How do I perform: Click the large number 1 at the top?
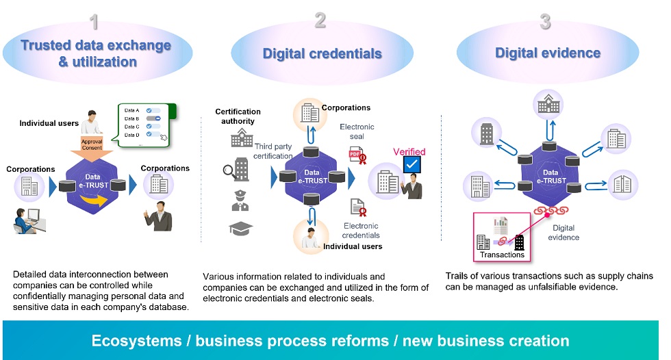(x=94, y=23)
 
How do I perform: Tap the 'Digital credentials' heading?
(x=322, y=53)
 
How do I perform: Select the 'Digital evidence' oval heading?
(x=547, y=53)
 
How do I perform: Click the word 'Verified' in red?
(x=409, y=151)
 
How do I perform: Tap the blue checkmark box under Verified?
(x=412, y=165)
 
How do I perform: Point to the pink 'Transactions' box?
(x=502, y=236)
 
